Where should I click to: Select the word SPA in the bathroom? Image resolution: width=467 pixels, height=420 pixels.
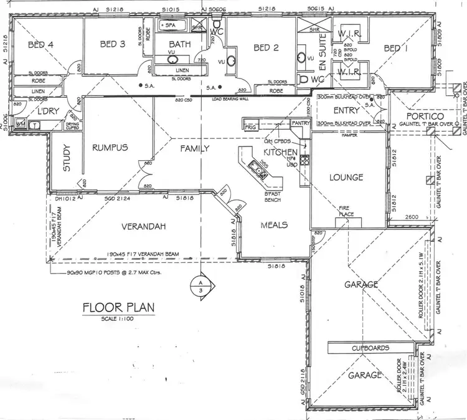[x=169, y=26]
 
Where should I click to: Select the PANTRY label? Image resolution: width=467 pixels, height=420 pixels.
[x=301, y=124]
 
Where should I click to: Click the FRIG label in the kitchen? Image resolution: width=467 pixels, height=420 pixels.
[x=250, y=126]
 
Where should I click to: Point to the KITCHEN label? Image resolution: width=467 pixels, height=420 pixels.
[x=278, y=152]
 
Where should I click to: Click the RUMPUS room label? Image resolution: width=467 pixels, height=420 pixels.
[x=110, y=148]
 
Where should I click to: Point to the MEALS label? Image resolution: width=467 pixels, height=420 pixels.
[x=274, y=225]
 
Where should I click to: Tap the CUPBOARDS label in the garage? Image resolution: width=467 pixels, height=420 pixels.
[x=370, y=348]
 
